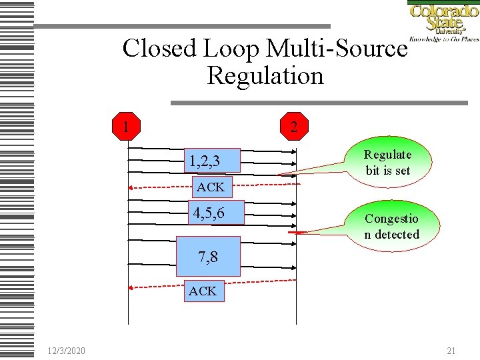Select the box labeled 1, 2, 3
212,161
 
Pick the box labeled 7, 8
207,257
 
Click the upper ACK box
210,187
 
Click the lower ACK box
203,291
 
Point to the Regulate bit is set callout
388,163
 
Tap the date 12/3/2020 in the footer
66,351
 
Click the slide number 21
451,351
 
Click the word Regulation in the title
265,75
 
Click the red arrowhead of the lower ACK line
132,287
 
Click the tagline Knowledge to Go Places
443,39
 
